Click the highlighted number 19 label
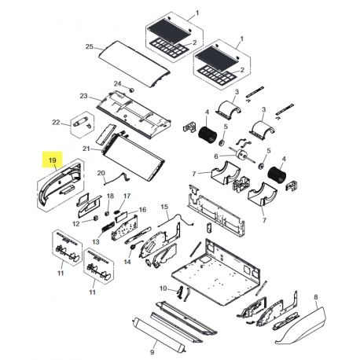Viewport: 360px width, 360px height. [x=53, y=161]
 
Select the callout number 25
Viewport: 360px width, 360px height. [x=90, y=48]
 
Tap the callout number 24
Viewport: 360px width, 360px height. [x=118, y=83]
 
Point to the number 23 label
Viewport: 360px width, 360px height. [x=83, y=97]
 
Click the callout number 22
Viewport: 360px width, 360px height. [x=55, y=122]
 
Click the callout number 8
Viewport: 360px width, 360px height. [x=315, y=296]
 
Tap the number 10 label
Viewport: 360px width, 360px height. [x=163, y=289]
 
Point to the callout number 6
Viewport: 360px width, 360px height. [x=213, y=156]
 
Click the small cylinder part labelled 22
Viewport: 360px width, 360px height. [x=80, y=123]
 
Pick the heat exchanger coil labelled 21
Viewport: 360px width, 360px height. [x=130, y=154]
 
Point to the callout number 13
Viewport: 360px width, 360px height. [x=95, y=241]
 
